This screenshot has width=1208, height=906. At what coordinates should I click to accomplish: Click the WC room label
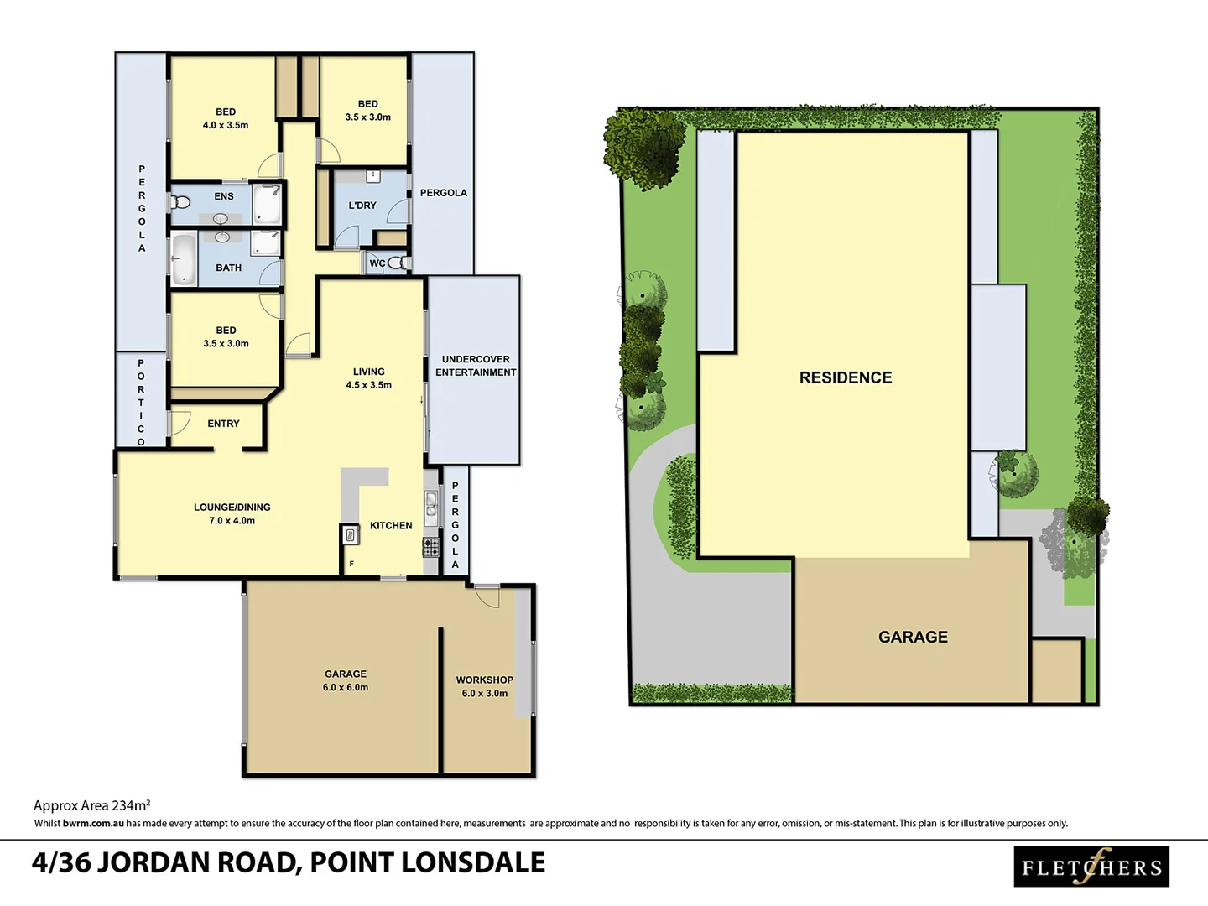[x=377, y=263]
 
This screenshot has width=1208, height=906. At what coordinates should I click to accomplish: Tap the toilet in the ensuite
[x=180, y=202]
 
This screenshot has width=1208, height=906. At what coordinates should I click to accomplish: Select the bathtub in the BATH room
[x=183, y=258]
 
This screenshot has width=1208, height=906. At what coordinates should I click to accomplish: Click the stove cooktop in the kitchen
[x=430, y=548]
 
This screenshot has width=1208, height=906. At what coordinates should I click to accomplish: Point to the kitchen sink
[x=430, y=505]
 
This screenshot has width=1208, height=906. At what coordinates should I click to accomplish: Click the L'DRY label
[x=362, y=206]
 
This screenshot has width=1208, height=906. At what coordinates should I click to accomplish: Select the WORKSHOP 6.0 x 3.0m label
[x=485, y=686]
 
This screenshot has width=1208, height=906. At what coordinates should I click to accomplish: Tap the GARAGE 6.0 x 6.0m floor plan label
[x=346, y=680]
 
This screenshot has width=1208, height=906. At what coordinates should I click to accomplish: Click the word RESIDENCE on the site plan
[x=846, y=377]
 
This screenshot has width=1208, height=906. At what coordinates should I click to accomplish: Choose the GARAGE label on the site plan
[x=913, y=637]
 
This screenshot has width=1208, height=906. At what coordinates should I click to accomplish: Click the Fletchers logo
[x=1091, y=867]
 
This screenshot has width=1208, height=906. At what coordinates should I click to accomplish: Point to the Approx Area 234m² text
[x=91, y=805]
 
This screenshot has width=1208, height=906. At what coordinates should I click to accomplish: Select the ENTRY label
[x=223, y=424]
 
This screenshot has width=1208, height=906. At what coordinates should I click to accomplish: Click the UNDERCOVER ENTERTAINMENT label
[x=476, y=366]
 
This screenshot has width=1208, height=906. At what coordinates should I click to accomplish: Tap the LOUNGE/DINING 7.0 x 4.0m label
[x=232, y=513]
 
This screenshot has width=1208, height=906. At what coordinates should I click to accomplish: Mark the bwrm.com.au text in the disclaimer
[x=93, y=824]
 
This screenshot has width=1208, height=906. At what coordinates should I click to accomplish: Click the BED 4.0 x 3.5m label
[x=226, y=118]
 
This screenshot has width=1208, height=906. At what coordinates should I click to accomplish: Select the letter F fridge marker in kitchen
[x=351, y=564]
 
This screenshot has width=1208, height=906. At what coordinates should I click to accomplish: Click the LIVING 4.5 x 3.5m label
[x=369, y=378]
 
